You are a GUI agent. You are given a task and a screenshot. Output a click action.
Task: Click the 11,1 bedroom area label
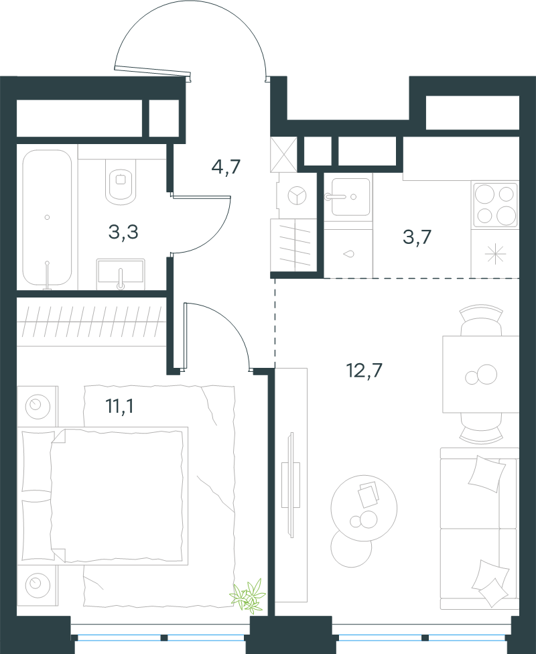click(120, 406)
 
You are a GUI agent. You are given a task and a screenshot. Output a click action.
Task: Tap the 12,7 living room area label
click(364, 370)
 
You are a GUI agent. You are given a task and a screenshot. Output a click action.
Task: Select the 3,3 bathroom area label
click(123, 233)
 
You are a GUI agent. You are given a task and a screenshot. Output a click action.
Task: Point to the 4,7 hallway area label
click(226, 168)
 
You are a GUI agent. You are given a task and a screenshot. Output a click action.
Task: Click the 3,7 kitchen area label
click(417, 237)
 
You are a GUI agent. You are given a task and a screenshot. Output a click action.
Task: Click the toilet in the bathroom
click(121, 182)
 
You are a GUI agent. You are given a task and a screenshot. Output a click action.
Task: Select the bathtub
click(47, 217)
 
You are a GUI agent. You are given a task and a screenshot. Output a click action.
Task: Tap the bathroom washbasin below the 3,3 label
click(121, 274)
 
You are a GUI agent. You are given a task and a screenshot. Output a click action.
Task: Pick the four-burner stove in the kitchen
click(495, 204)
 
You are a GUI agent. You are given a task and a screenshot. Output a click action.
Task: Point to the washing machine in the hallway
click(297, 196)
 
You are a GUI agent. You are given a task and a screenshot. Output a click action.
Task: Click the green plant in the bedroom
click(249, 595)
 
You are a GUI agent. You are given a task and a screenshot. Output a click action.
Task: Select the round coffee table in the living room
click(364, 509)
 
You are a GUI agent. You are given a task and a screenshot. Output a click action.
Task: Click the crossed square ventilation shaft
click(283, 154)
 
